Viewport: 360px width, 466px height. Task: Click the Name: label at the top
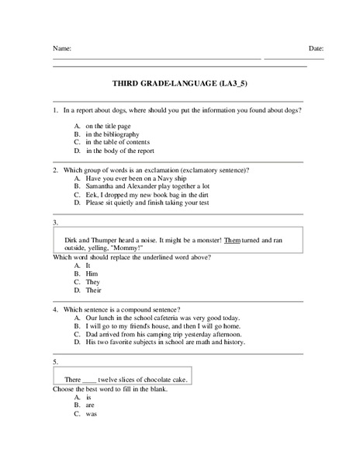coord(61,49)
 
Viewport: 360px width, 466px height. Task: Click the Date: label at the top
coord(316,49)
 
